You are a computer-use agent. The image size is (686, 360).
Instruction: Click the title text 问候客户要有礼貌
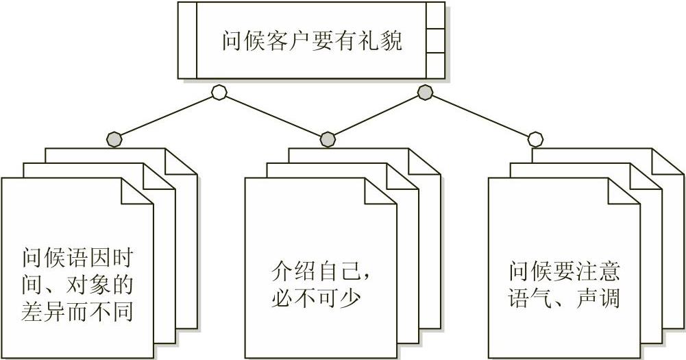(312, 40)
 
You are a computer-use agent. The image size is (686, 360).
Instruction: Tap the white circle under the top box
(219, 92)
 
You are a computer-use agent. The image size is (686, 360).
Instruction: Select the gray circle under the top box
(425, 91)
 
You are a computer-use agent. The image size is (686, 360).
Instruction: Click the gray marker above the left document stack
(114, 139)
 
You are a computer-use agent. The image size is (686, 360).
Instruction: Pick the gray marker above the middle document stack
(328, 139)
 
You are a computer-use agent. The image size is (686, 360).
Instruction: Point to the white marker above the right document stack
(535, 139)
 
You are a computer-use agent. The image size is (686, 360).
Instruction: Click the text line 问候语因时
(77, 260)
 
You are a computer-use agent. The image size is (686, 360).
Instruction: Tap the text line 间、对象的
(77, 286)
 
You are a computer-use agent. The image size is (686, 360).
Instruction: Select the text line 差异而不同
(77, 312)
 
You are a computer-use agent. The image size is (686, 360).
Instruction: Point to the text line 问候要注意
(565, 273)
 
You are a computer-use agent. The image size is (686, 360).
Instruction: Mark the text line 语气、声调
(565, 299)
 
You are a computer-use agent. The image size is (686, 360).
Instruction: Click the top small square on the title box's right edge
(435, 14)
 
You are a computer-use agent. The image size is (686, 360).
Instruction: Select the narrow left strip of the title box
(187, 40)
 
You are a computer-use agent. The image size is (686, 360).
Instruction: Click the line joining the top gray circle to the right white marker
(480, 115)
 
